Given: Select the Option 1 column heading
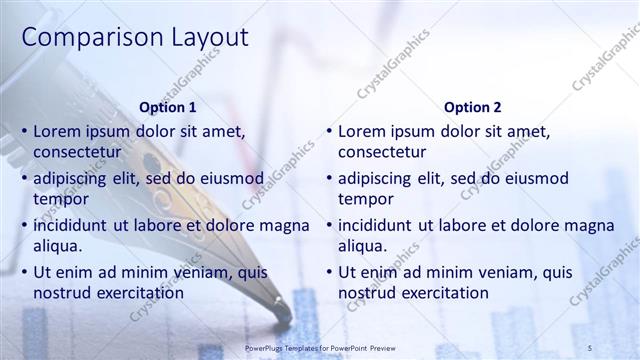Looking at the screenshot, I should coord(168,107).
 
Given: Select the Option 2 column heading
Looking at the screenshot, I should coord(473,107).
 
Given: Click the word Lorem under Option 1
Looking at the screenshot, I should coord(56,131).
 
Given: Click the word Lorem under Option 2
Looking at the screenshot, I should coord(361,131).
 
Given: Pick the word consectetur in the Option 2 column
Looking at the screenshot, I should coord(382,152).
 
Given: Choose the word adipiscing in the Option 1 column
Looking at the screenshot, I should coord(72,178).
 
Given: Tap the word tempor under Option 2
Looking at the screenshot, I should coord(366,199).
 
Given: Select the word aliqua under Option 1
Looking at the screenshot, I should coord(57,246).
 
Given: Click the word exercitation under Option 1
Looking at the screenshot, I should coord(136,293).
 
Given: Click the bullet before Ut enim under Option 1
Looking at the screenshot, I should coord(24,272).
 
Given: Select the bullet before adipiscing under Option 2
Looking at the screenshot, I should coord(329,178).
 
